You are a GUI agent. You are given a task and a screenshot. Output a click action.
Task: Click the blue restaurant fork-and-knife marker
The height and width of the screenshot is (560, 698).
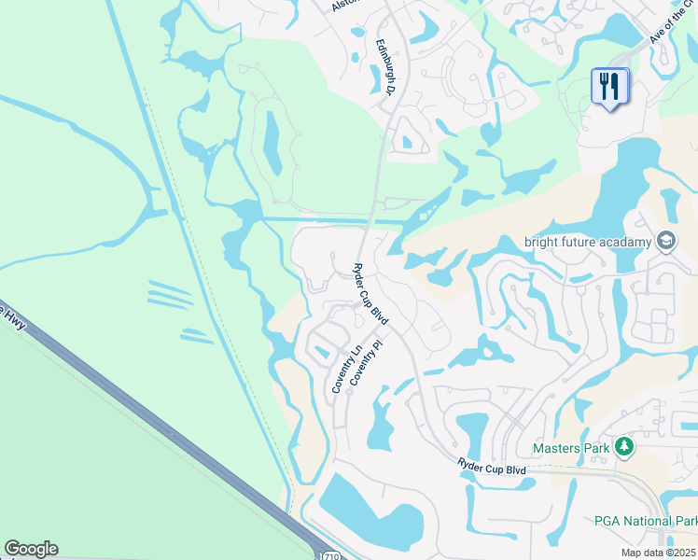pos(610,87)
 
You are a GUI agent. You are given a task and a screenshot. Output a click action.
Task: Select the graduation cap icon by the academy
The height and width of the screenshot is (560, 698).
pos(665,242)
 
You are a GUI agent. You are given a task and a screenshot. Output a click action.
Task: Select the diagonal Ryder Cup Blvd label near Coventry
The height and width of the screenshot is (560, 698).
pos(370,294)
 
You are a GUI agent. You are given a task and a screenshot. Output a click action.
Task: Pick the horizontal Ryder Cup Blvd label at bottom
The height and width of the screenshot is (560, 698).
pos(492,466)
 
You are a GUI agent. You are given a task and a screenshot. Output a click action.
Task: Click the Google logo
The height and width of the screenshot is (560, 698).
pos(31,549)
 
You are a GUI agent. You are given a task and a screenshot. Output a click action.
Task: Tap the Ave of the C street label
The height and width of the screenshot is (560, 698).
pos(671,28)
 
